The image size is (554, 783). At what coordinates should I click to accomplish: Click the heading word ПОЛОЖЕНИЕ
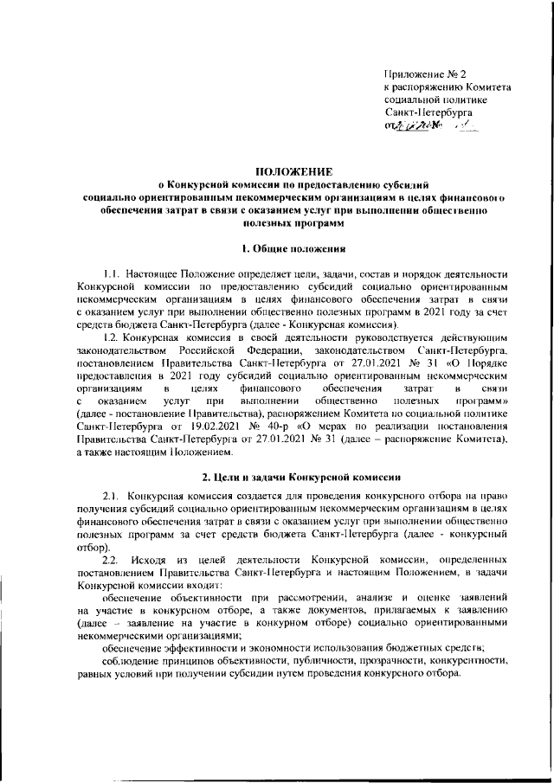pos(276,171)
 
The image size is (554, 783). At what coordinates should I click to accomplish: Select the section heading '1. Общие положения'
pos(276,250)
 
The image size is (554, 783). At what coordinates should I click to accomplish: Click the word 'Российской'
pos(208,350)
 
